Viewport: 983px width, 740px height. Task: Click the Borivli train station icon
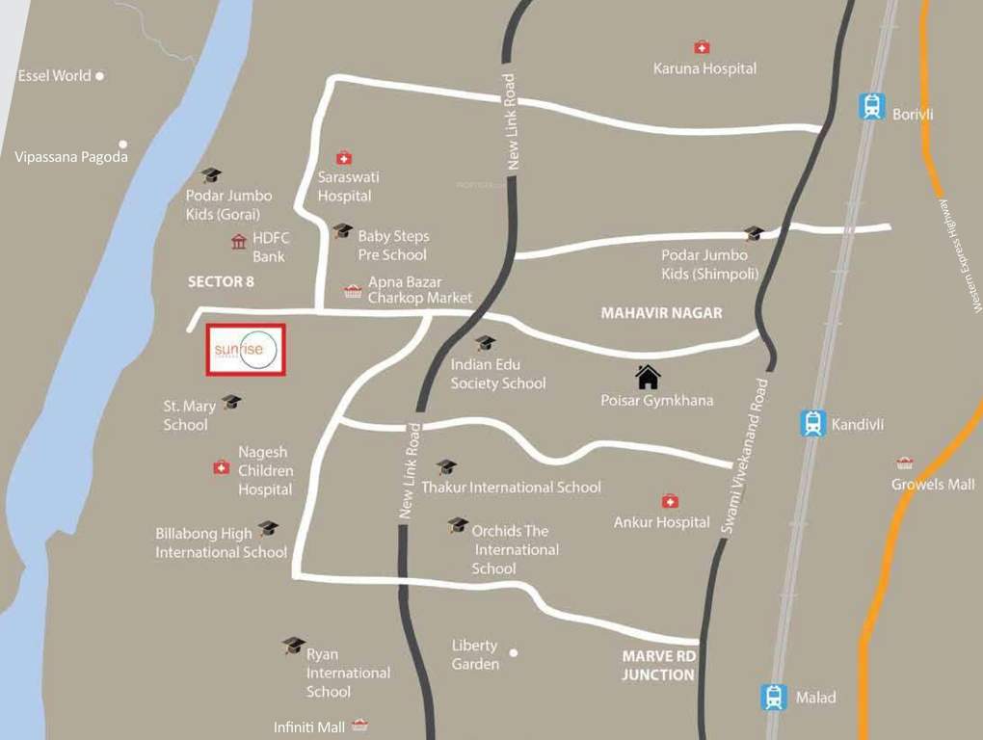pos(872,106)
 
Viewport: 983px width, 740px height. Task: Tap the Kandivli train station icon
pos(813,423)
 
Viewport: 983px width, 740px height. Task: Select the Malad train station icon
pos(773,697)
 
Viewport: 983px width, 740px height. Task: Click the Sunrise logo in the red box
pos(246,350)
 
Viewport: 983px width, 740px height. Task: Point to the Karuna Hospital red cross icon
pos(702,47)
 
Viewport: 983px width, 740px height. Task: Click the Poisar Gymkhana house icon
pos(648,376)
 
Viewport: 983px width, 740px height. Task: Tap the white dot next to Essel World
pos(99,75)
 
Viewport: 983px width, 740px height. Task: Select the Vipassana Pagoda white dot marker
pos(122,145)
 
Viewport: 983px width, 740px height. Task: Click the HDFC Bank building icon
pos(239,241)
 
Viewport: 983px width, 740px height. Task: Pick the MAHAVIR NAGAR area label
pos(661,313)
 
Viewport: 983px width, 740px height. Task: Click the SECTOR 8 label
pos(220,281)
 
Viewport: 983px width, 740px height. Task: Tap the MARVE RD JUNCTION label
pos(658,666)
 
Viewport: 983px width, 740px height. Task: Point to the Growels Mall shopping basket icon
pos(904,463)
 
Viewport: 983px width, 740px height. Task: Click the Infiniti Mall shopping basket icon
pos(359,725)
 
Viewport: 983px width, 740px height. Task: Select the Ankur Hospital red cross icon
pos(669,501)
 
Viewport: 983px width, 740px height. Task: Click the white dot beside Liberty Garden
pos(514,652)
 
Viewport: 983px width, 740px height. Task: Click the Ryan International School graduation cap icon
pos(294,645)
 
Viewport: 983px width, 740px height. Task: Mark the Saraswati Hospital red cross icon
pos(343,157)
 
